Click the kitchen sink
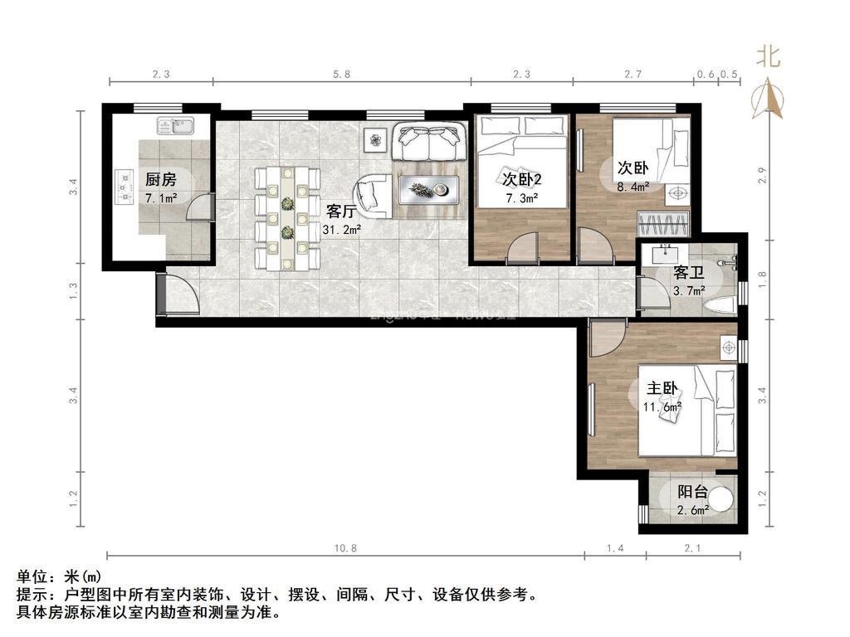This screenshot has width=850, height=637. click(175, 126)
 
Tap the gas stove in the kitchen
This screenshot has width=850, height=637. click(125, 187)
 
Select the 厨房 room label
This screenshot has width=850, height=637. click(160, 179)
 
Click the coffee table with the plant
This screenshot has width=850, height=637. click(429, 190)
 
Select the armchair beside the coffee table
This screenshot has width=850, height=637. click(374, 197)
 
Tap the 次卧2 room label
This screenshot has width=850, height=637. click(521, 178)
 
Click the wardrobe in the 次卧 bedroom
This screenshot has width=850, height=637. click(663, 224)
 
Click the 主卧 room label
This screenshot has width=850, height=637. click(663, 388)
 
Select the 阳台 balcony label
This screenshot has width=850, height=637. click(691, 492)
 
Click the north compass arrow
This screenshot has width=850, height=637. click(769, 98)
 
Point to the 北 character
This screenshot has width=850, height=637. click(768, 56)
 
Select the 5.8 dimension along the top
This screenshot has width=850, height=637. click(341, 74)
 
